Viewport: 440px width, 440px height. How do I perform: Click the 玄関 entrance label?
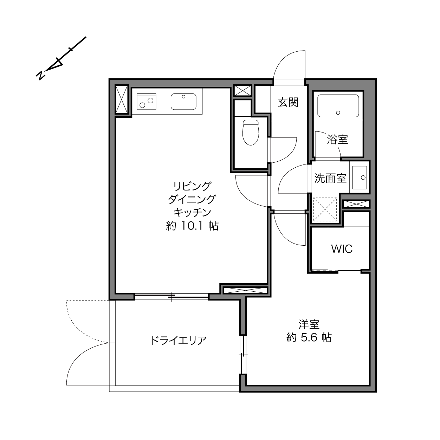288,102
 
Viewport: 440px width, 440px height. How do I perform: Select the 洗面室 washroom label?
330,178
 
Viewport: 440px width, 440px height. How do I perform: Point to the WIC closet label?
342,249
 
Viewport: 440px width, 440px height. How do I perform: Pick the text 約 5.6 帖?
309,337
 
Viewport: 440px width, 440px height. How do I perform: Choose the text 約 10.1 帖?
192,226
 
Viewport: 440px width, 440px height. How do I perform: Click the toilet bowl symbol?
251,132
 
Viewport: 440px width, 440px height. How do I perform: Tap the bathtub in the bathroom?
338,106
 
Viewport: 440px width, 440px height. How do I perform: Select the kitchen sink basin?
183,101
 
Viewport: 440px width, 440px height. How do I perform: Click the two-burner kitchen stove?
146,102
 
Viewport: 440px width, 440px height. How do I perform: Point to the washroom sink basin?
360,177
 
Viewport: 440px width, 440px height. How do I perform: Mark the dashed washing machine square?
325,209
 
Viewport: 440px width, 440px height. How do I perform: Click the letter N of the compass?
40,75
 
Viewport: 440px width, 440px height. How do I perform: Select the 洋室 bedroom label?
309,324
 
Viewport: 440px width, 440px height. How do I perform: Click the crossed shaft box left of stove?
122,99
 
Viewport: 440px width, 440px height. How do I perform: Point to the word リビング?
192,186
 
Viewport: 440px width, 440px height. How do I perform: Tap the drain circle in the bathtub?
338,112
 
